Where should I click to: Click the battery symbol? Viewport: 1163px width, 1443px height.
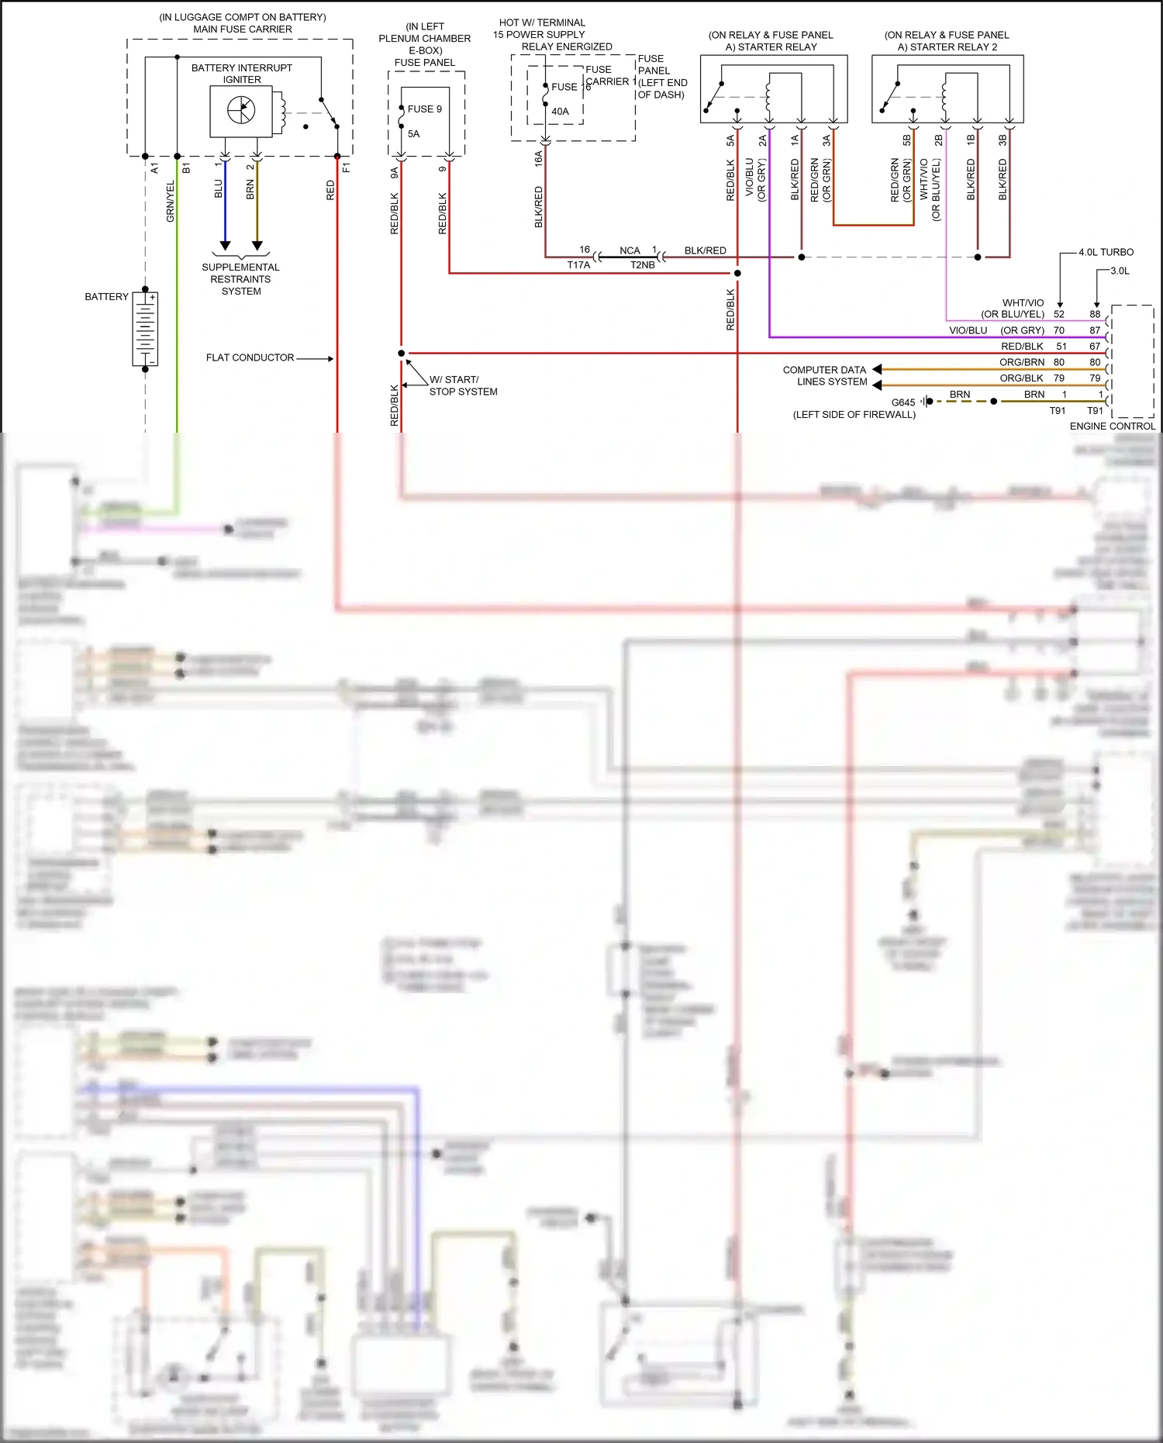[x=145, y=330]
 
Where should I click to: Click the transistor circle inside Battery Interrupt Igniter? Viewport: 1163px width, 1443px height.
[x=241, y=110]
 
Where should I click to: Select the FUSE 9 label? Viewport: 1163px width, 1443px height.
[x=425, y=109]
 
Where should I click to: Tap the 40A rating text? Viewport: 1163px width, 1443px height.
[x=560, y=112]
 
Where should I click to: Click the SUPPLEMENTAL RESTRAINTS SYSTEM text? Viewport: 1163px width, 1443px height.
[x=240, y=279]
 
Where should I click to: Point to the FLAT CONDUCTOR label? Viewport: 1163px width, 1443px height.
[x=250, y=358]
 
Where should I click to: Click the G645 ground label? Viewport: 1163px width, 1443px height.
[x=903, y=402]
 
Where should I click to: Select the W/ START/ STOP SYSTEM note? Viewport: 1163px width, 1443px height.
[x=463, y=385]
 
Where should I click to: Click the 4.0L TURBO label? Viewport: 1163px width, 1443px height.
[x=1106, y=253]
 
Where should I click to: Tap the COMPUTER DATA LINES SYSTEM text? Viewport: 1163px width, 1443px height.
[x=825, y=376]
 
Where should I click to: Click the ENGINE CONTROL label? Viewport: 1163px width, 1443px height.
[x=1112, y=426]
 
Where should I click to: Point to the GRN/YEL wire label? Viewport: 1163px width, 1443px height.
[x=171, y=202]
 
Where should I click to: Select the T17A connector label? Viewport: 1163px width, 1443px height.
[x=578, y=265]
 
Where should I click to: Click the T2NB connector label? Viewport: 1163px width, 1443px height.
[x=642, y=265]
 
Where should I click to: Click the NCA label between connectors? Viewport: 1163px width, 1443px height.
[x=630, y=250]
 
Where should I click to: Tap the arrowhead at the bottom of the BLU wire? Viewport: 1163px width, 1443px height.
[x=225, y=246]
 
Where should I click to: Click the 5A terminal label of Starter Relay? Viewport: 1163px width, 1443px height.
[x=730, y=140]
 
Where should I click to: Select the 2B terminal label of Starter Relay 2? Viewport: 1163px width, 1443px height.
[x=939, y=140]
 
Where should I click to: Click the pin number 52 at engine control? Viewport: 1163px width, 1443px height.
[x=1059, y=315]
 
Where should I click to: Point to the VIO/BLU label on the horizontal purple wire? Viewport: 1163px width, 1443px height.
[x=968, y=330]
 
